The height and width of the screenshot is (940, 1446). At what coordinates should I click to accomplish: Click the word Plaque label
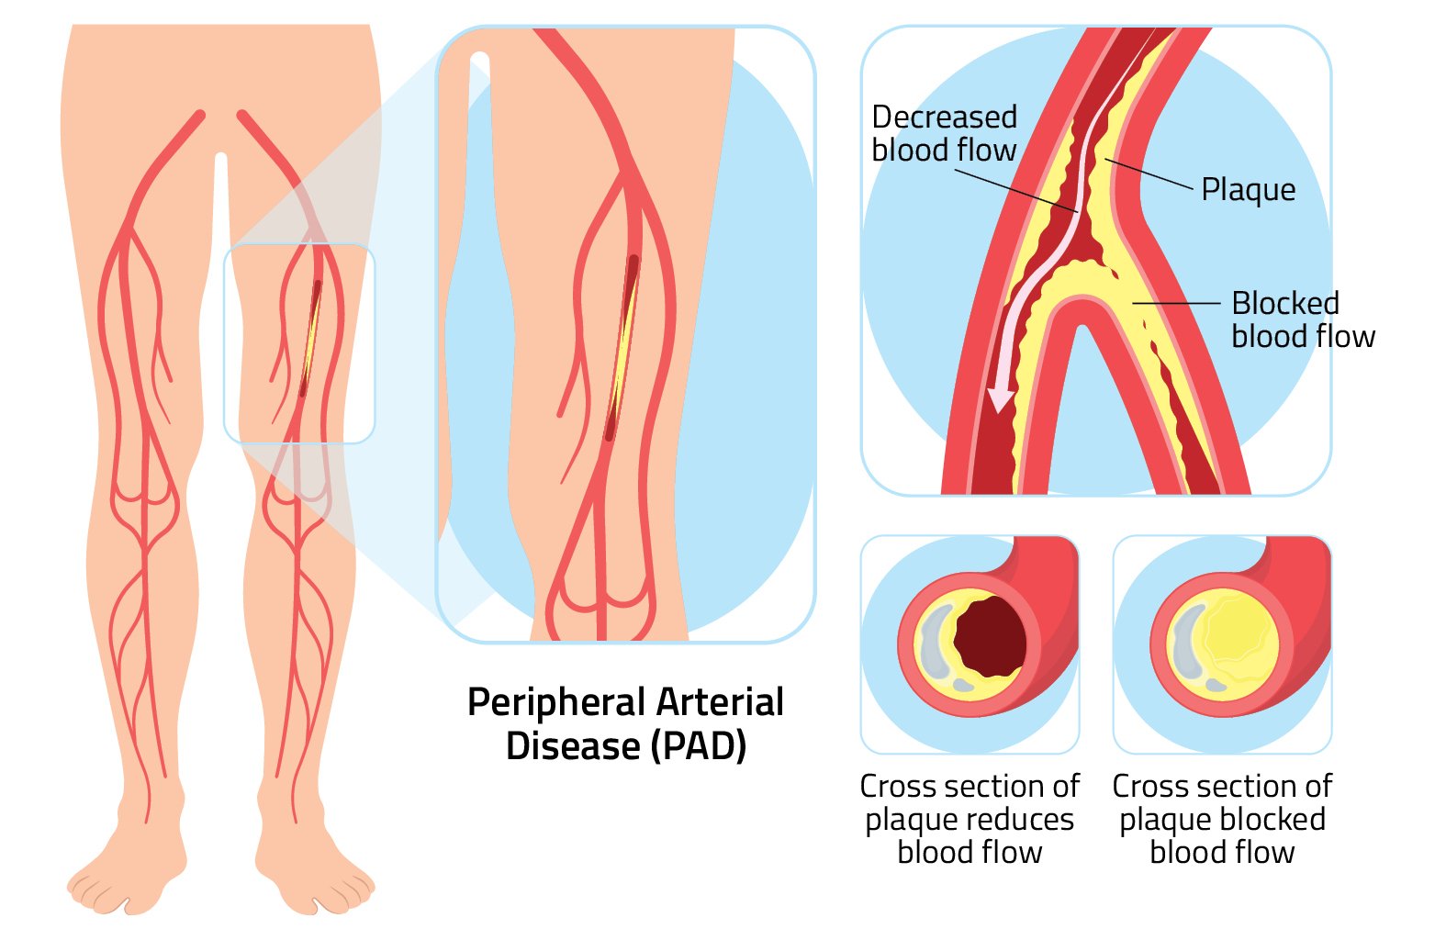pyautogui.click(x=1248, y=190)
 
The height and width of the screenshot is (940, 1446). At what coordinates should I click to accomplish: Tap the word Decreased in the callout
pyautogui.click(x=944, y=117)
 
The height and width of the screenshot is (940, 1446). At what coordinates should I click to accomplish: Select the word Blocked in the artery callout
pyautogui.click(x=1284, y=303)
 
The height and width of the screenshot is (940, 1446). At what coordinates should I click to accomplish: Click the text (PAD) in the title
pyautogui.click(x=699, y=745)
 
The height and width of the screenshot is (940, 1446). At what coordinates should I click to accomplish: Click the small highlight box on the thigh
pyautogui.click(x=299, y=343)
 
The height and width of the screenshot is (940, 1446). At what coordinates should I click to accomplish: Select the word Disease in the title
pyautogui.click(x=573, y=745)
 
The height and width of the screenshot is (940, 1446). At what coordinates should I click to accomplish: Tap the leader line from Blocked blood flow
pyautogui.click(x=1175, y=302)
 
